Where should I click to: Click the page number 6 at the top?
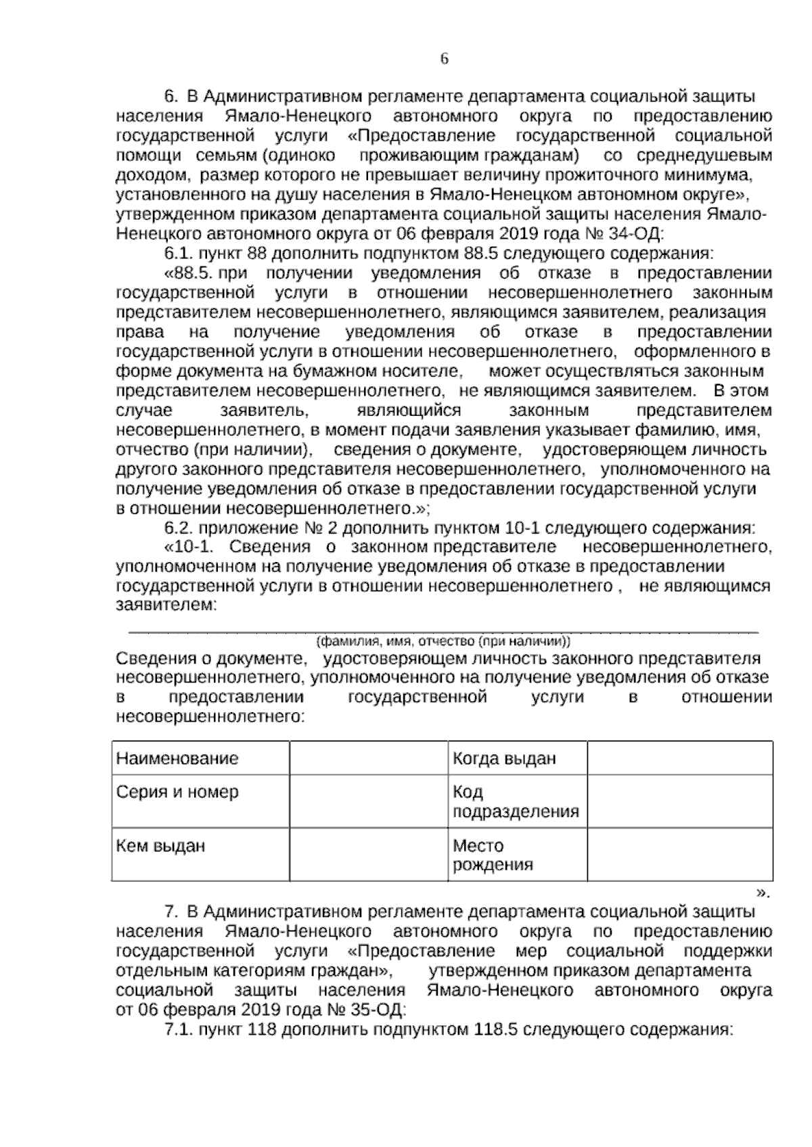[444, 59]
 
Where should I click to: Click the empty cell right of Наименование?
[368, 758]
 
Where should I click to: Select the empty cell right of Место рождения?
[679, 855]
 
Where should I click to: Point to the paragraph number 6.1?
[179, 254]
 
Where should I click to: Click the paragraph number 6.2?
[179, 527]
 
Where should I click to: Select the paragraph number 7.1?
[179, 1030]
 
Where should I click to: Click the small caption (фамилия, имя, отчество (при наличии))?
[444, 640]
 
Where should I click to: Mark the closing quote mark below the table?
[763, 893]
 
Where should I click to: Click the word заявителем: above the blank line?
[166, 605]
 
